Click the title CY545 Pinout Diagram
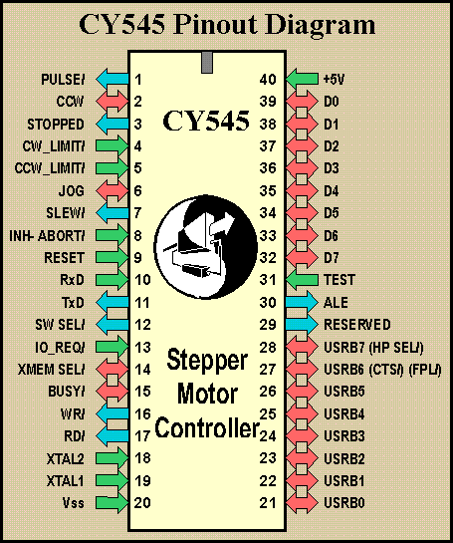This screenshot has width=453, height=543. pos(226,24)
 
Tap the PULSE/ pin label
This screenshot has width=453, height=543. pos(64,79)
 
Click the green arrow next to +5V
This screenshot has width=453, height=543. pos(303,79)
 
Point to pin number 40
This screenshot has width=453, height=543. pos(267,79)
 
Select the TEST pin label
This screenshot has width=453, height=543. pos(340,280)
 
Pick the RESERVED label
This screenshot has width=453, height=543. pos(355,325)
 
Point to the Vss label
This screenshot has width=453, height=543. pos(74,504)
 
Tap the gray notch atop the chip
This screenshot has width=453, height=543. pos(206,62)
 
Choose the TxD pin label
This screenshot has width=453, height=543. pos(74,303)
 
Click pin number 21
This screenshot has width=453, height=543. pos(267,504)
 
